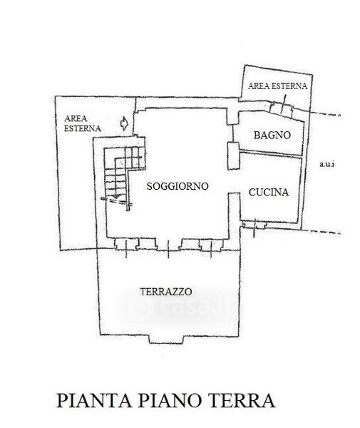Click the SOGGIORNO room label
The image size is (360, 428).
coord(178,186)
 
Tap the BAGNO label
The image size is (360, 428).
coord(272,135)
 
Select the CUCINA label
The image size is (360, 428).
coord(269,193)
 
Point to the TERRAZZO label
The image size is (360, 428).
coord(166,292)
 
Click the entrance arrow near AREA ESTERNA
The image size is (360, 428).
coord(124,123)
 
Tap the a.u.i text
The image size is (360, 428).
coord(326,164)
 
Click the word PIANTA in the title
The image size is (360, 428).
coord(94,401)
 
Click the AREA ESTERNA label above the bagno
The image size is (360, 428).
coord(277,86)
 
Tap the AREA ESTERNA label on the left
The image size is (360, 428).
coord(83,123)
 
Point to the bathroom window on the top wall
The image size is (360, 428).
coord(282,108)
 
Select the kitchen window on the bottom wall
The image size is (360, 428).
coord(254,225)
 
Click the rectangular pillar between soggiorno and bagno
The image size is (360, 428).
coord(233,156)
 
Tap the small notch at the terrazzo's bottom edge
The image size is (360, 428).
coord(166,339)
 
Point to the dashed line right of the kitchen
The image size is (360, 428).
coord(322,232)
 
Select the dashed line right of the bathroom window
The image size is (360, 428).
coord(324,113)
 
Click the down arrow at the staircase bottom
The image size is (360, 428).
coord(115,195)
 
